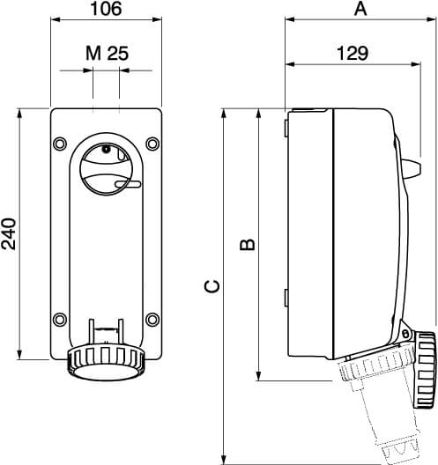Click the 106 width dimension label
[x=106, y=9]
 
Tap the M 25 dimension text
[x=108, y=54]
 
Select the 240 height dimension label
[x=9, y=233]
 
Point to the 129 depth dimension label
[x=353, y=54]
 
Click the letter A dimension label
[x=360, y=9]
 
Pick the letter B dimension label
[x=247, y=244]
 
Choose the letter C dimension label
[x=212, y=286]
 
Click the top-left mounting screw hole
[x=60, y=144]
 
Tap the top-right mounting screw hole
[x=152, y=144]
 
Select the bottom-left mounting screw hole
[x=60, y=320]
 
